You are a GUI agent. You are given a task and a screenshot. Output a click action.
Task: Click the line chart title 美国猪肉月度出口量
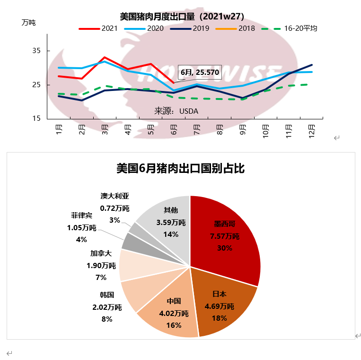click(x=182, y=17)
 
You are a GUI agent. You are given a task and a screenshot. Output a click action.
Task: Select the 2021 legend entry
click(x=102, y=28)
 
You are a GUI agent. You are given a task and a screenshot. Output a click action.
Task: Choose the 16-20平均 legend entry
click(x=289, y=28)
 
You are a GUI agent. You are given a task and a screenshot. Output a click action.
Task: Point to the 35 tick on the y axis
click(x=37, y=51)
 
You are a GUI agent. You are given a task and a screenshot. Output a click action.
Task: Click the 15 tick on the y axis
click(x=37, y=118)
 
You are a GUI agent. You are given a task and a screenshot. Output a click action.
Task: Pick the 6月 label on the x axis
click(x=174, y=129)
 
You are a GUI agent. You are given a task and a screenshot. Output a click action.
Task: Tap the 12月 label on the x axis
click(x=311, y=129)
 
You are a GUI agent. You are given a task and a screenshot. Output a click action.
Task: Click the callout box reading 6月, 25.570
click(x=199, y=72)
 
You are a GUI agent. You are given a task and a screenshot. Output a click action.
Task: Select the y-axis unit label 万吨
click(x=28, y=22)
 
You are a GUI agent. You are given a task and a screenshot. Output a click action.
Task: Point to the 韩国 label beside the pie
click(x=107, y=295)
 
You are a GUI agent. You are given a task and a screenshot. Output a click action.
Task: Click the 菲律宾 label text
click(x=81, y=216)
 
